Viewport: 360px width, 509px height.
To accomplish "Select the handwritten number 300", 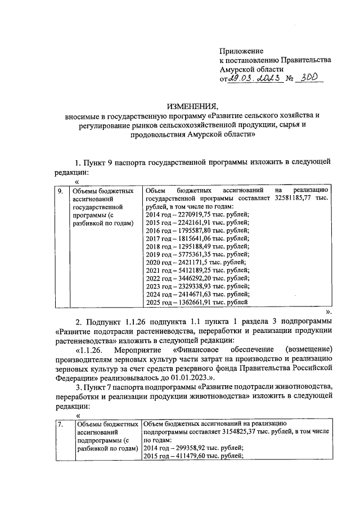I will click(311, 79).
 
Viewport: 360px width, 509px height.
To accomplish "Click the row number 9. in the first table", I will click(61, 191).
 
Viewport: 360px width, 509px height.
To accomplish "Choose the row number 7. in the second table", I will click(60, 423).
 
